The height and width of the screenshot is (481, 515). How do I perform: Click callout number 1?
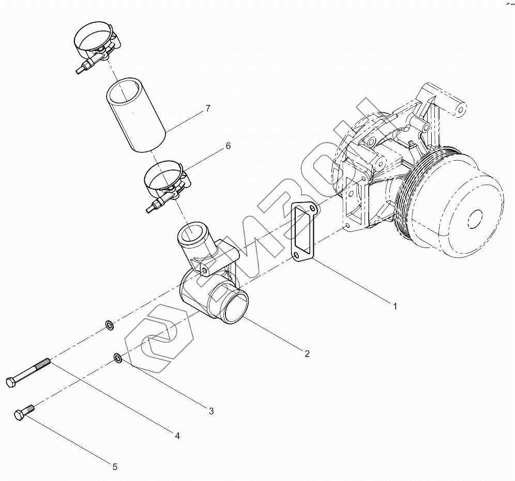[x=395, y=306]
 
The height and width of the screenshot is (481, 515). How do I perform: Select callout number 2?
[x=307, y=354]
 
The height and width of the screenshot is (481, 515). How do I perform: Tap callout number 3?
[x=211, y=411]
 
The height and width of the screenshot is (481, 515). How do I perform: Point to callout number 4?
[x=177, y=436]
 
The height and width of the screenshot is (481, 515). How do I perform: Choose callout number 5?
[x=115, y=467]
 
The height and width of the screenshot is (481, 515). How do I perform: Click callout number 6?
[x=227, y=146]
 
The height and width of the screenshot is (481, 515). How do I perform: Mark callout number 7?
[x=207, y=108]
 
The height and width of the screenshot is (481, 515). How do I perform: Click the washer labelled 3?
[x=118, y=358]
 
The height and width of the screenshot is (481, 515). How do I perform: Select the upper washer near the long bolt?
[x=109, y=325]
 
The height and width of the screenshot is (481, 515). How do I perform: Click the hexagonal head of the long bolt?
[x=11, y=382]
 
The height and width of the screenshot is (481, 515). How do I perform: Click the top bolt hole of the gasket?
[x=312, y=209]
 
